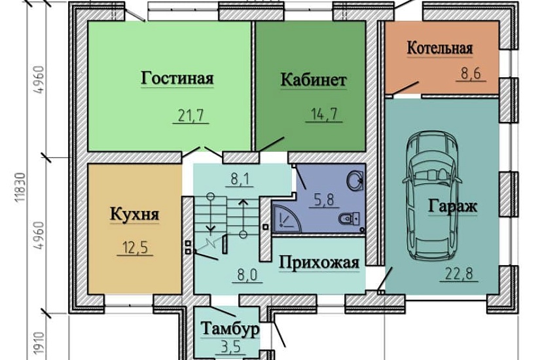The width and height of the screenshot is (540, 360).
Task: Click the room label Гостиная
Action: pyautogui.click(x=177, y=79)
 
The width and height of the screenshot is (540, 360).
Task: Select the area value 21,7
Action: pyautogui.click(x=191, y=116)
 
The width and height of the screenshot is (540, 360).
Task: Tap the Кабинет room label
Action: pyautogui.click(x=313, y=80)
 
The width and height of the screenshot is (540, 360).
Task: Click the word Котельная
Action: pyautogui.click(x=439, y=48)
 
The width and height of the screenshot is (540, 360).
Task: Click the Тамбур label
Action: pyautogui.click(x=230, y=328)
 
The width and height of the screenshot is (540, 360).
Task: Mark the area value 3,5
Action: pyautogui.click(x=230, y=348)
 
